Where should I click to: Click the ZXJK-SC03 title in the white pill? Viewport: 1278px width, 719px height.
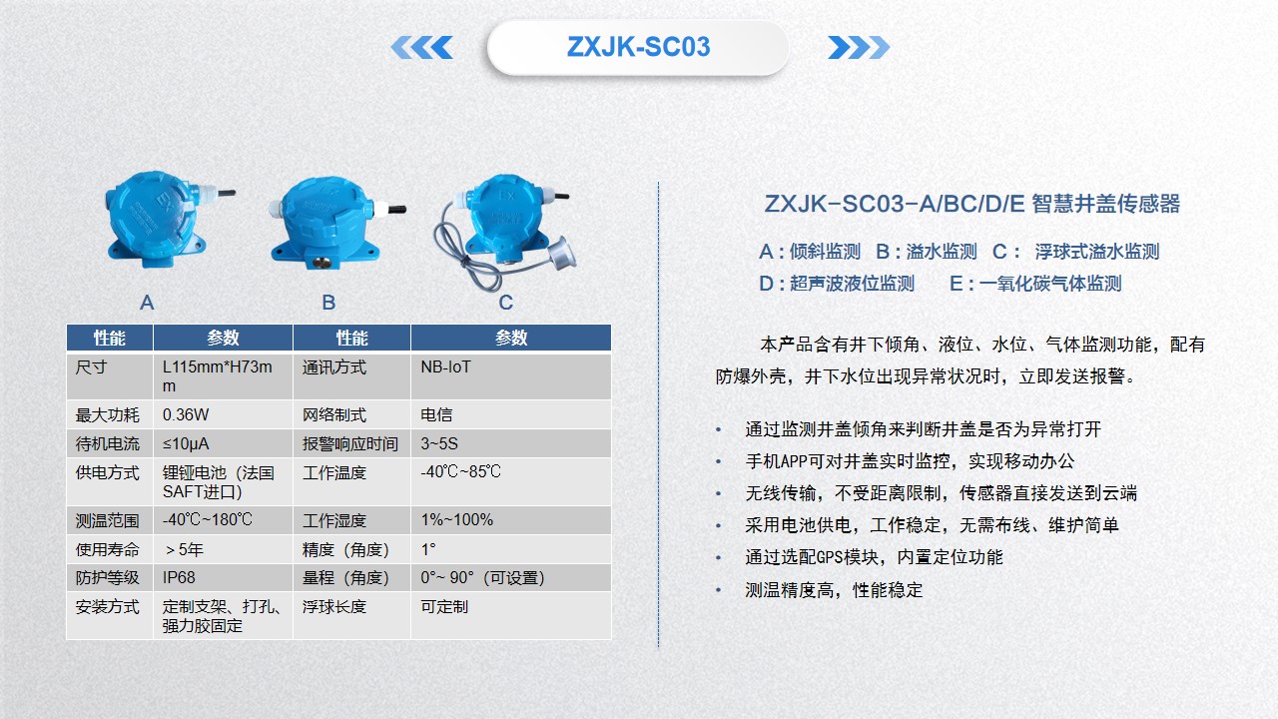(x=638, y=47)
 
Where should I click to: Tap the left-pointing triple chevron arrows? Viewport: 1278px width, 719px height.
(x=421, y=47)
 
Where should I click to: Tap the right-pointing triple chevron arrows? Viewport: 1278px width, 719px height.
(x=859, y=47)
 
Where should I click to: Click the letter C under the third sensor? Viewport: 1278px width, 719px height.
(x=505, y=303)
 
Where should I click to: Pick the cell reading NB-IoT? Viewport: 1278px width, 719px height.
(x=445, y=366)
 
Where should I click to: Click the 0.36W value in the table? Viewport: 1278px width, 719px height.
(x=186, y=414)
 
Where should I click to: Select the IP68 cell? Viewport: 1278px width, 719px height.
(x=179, y=578)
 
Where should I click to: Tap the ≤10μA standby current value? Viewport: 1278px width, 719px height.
(x=186, y=444)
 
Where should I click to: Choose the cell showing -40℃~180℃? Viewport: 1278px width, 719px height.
(x=207, y=520)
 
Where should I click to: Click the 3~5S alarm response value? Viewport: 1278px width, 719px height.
(x=439, y=444)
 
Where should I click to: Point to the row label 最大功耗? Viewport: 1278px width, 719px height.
(x=107, y=414)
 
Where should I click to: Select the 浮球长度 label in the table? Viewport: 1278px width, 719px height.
(x=333, y=606)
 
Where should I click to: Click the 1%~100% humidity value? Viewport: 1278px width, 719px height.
(x=457, y=520)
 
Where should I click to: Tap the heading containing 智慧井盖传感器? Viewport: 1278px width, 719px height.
(x=971, y=204)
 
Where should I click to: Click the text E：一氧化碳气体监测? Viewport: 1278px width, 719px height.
(x=1035, y=284)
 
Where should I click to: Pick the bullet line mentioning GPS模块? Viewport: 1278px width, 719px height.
(x=874, y=557)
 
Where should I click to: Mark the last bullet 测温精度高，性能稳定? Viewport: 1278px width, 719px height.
(x=834, y=589)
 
